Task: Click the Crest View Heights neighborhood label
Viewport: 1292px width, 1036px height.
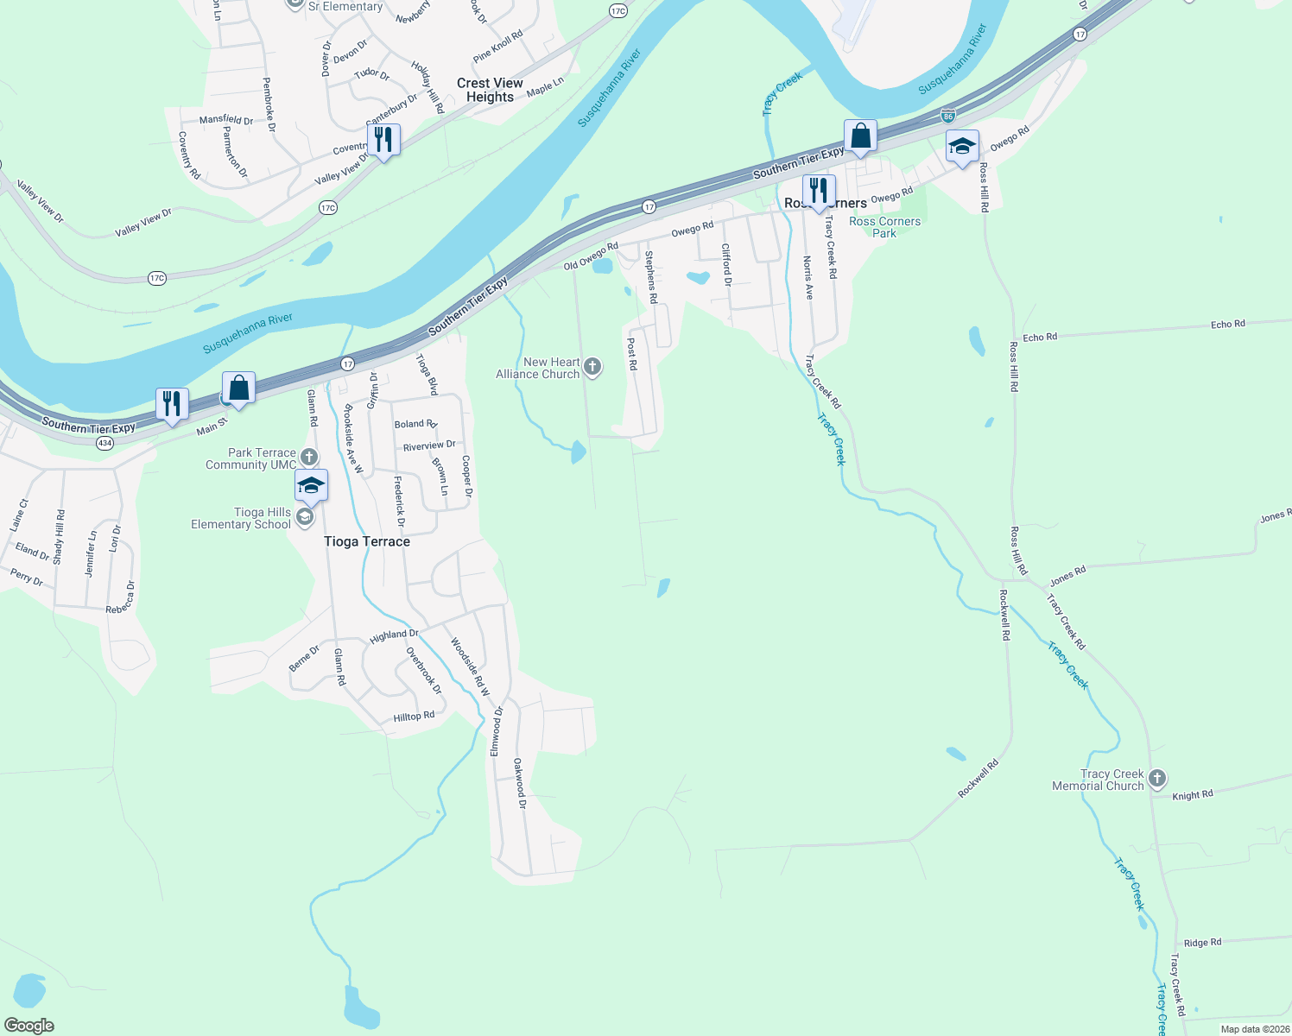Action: click(x=490, y=90)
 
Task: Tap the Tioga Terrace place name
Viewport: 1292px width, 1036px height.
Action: click(x=367, y=541)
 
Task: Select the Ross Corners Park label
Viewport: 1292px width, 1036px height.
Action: click(x=884, y=227)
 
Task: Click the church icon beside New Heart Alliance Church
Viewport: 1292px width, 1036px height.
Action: click(x=592, y=367)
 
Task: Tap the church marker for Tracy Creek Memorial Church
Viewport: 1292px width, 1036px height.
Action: click(x=1157, y=779)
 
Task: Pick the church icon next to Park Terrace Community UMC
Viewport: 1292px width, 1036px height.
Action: click(x=309, y=457)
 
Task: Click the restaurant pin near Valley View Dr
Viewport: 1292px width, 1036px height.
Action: click(x=383, y=141)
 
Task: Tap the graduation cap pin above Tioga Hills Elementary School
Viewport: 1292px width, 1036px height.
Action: click(x=311, y=487)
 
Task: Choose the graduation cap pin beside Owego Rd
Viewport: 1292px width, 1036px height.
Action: click(x=962, y=147)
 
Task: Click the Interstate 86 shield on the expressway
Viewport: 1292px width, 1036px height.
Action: click(x=948, y=115)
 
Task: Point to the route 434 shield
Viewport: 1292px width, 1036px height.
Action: click(x=104, y=443)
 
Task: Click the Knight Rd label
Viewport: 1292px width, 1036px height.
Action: click(x=1193, y=794)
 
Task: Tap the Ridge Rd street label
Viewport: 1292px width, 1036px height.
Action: click(x=1202, y=942)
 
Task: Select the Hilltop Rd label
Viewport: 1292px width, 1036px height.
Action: click(x=414, y=717)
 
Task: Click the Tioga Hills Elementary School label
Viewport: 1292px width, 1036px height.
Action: click(x=241, y=518)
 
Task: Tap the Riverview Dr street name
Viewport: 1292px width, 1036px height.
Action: click(x=429, y=445)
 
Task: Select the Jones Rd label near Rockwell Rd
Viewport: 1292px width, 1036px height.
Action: click(x=1067, y=576)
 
